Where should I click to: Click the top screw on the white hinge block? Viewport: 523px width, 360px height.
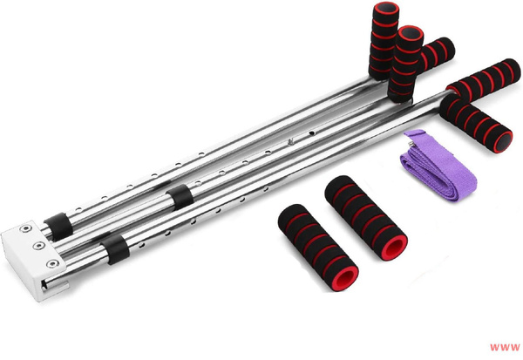(25, 228)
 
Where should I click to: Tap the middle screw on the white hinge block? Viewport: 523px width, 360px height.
(39, 246)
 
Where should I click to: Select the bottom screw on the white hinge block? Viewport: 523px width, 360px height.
(52, 264)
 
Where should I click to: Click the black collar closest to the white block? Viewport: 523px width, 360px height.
(58, 227)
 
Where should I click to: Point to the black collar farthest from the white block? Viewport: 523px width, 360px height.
(180, 197)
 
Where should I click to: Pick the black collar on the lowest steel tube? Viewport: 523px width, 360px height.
(115, 249)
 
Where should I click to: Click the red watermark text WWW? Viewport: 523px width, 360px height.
(505, 347)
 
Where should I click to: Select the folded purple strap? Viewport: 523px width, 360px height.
(438, 166)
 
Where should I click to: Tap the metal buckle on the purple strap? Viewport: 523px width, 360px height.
(412, 143)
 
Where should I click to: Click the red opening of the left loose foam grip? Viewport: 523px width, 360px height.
(344, 279)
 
